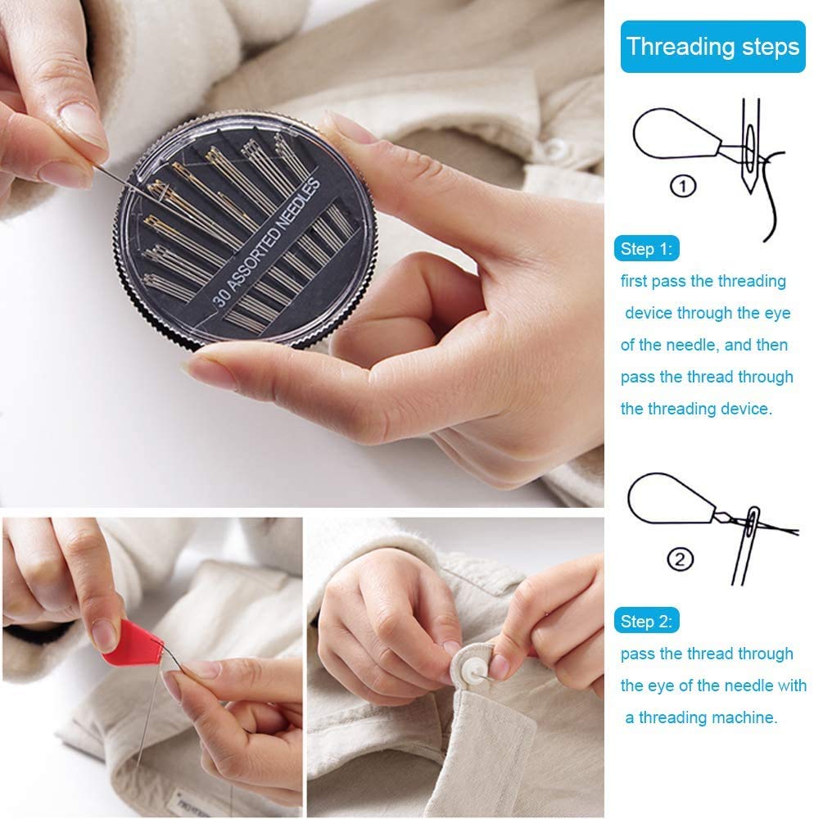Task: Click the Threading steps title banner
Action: [x=712, y=47]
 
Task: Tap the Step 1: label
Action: [x=646, y=249]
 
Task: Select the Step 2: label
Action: [x=646, y=622]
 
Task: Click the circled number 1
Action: [x=684, y=186]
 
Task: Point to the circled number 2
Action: [x=681, y=560]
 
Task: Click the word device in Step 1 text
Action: [x=651, y=313]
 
